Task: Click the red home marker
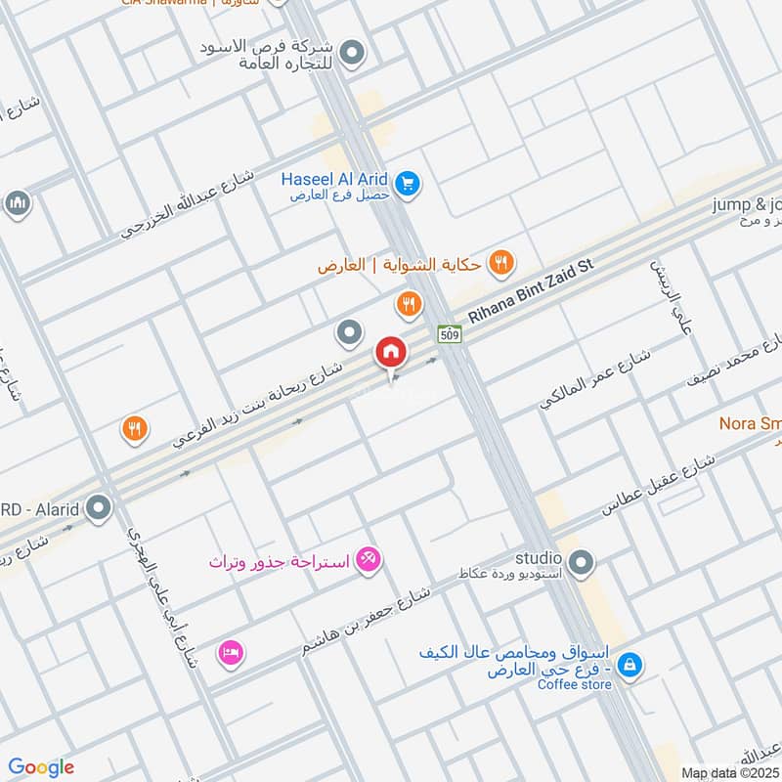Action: tap(391, 351)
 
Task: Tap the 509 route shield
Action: tap(450, 333)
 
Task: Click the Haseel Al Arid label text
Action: tap(335, 179)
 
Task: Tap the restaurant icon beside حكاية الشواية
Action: tap(501, 261)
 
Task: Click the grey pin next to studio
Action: tap(581, 562)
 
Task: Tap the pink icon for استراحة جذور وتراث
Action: tap(369, 560)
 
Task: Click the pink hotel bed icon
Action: tap(232, 651)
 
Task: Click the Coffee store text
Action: tap(575, 684)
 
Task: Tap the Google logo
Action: tap(42, 767)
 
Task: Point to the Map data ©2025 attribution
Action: tap(729, 772)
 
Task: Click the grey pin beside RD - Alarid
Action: tap(99, 507)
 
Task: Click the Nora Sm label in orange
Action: tap(750, 424)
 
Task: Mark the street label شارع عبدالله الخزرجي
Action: tap(187, 204)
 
